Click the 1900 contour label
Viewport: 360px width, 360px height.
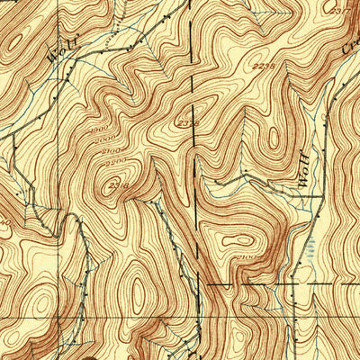point(91,126)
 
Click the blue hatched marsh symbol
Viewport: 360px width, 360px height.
point(310,256)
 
